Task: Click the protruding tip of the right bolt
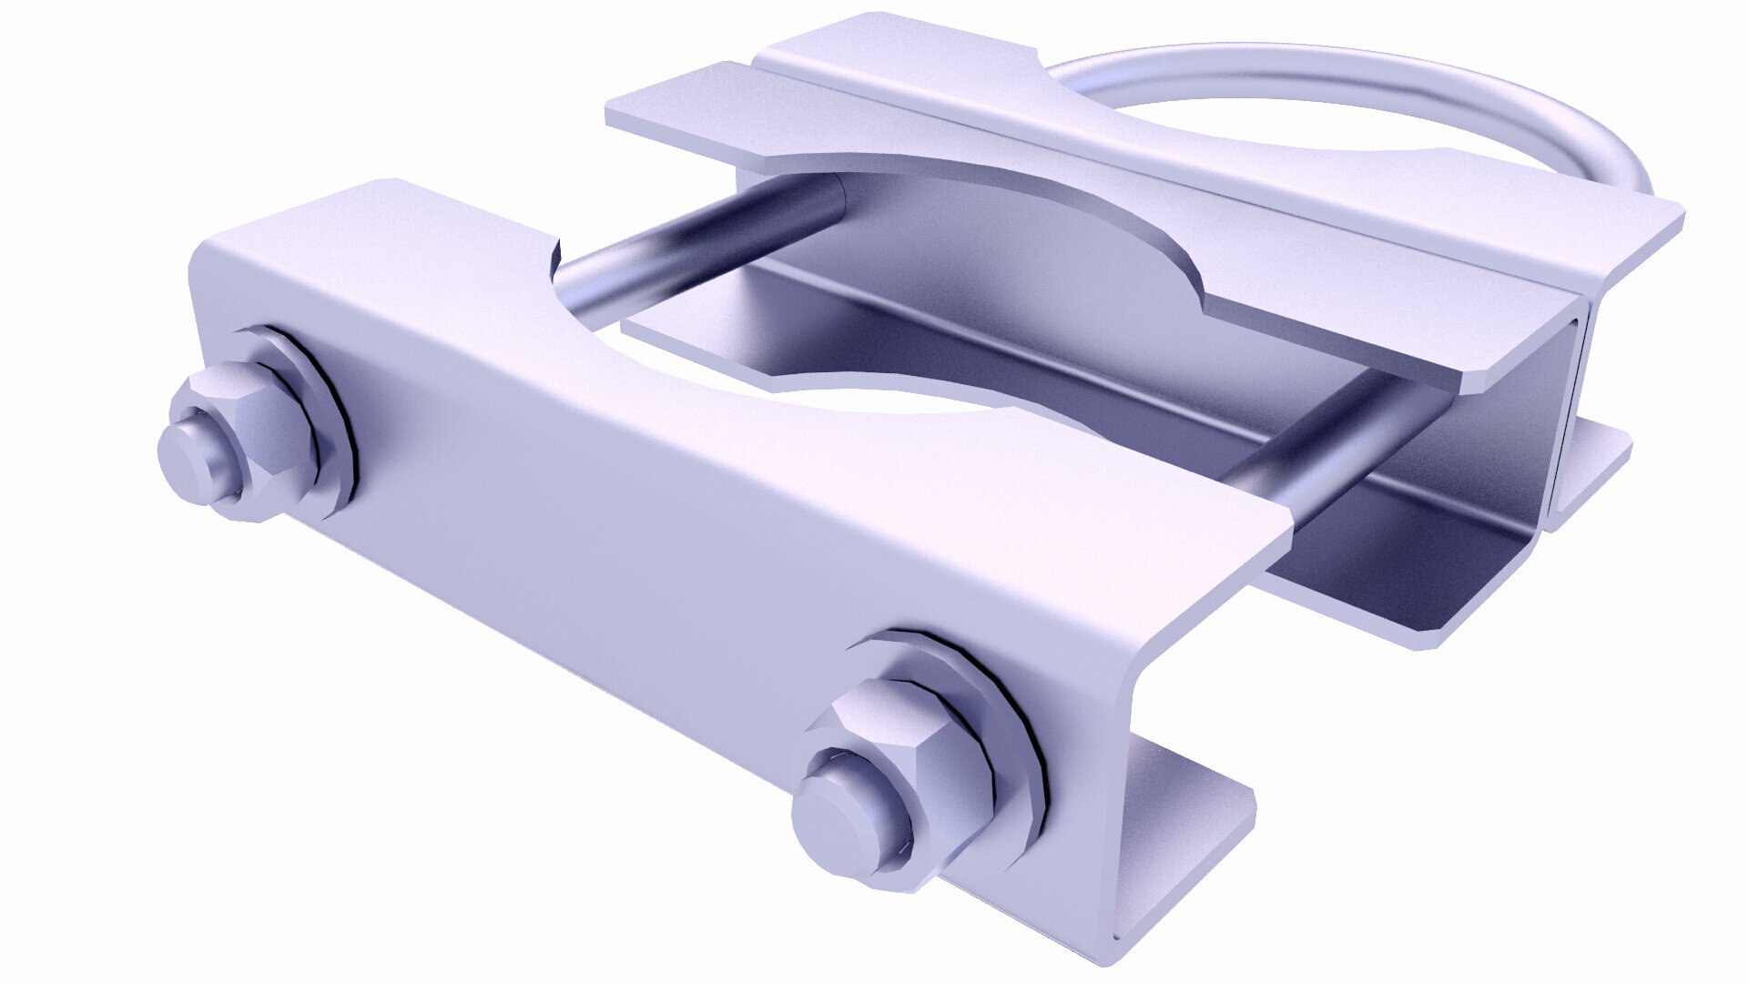[x=838, y=810]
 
